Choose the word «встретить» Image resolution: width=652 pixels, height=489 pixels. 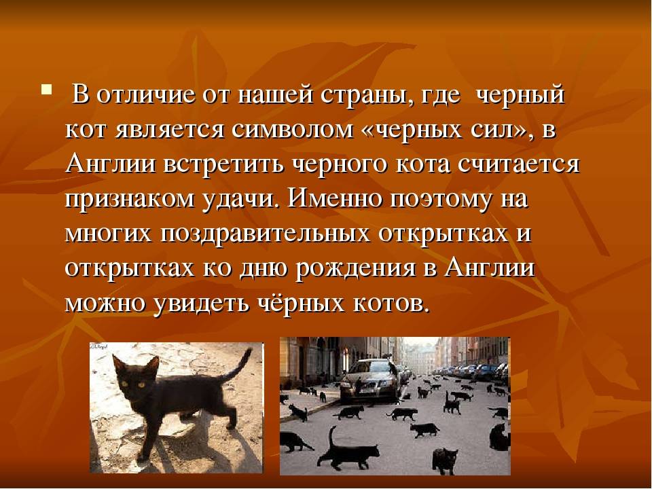[225, 164]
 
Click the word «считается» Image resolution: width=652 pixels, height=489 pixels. [519, 164]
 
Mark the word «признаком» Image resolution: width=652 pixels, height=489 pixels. [130, 200]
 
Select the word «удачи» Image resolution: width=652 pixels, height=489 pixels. [239, 200]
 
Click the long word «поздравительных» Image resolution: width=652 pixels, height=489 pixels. [266, 234]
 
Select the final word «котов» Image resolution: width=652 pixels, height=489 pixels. [391, 304]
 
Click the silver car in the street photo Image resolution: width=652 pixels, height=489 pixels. [370, 380]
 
